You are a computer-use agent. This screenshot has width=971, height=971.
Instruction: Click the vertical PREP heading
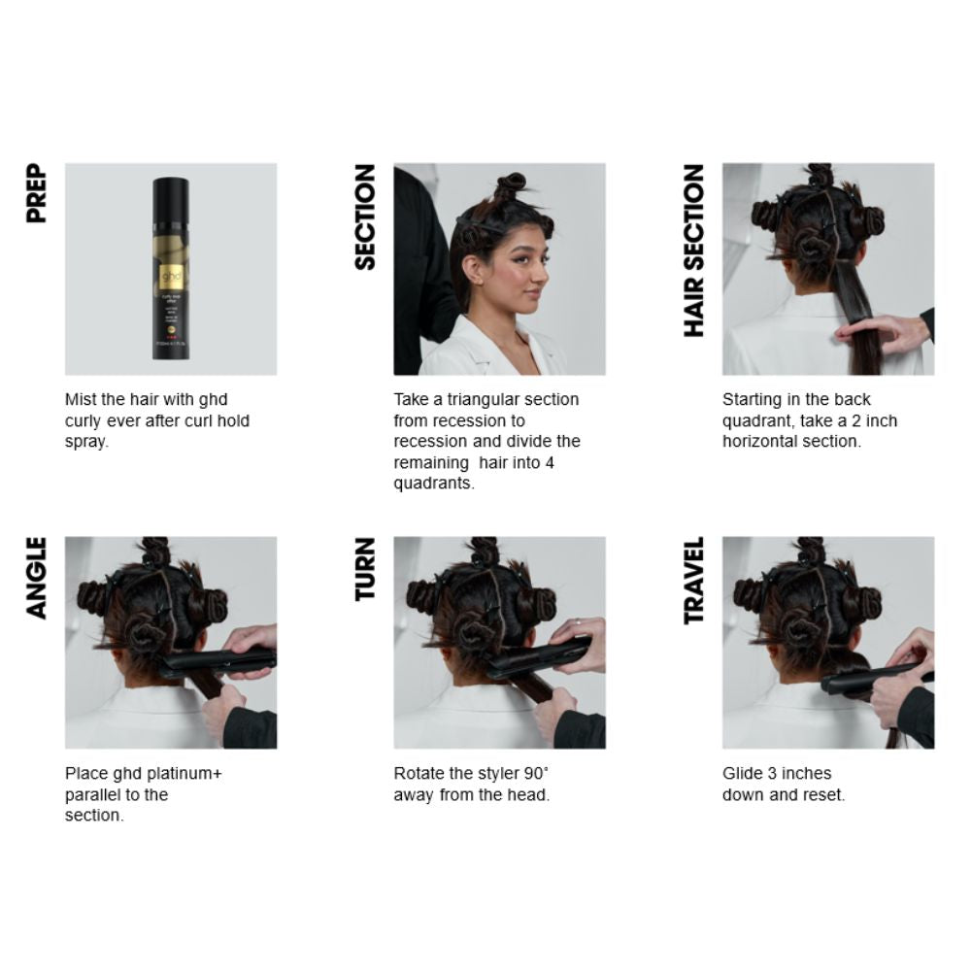pos(37,193)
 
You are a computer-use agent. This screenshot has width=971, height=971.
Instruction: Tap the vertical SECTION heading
pos(365,216)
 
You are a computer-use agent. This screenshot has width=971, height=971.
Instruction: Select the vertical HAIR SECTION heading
pos(693,251)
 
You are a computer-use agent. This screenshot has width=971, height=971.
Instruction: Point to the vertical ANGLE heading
pos(37,577)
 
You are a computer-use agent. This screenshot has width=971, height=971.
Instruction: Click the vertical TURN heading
pos(365,569)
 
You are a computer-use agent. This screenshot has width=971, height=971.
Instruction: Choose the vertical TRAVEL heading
pos(693,581)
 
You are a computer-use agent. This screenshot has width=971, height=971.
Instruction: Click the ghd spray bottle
pos(171,268)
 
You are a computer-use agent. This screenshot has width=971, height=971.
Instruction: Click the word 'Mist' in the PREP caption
pos(81,399)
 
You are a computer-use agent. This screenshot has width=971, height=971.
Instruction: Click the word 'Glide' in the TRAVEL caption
pos(743,773)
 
